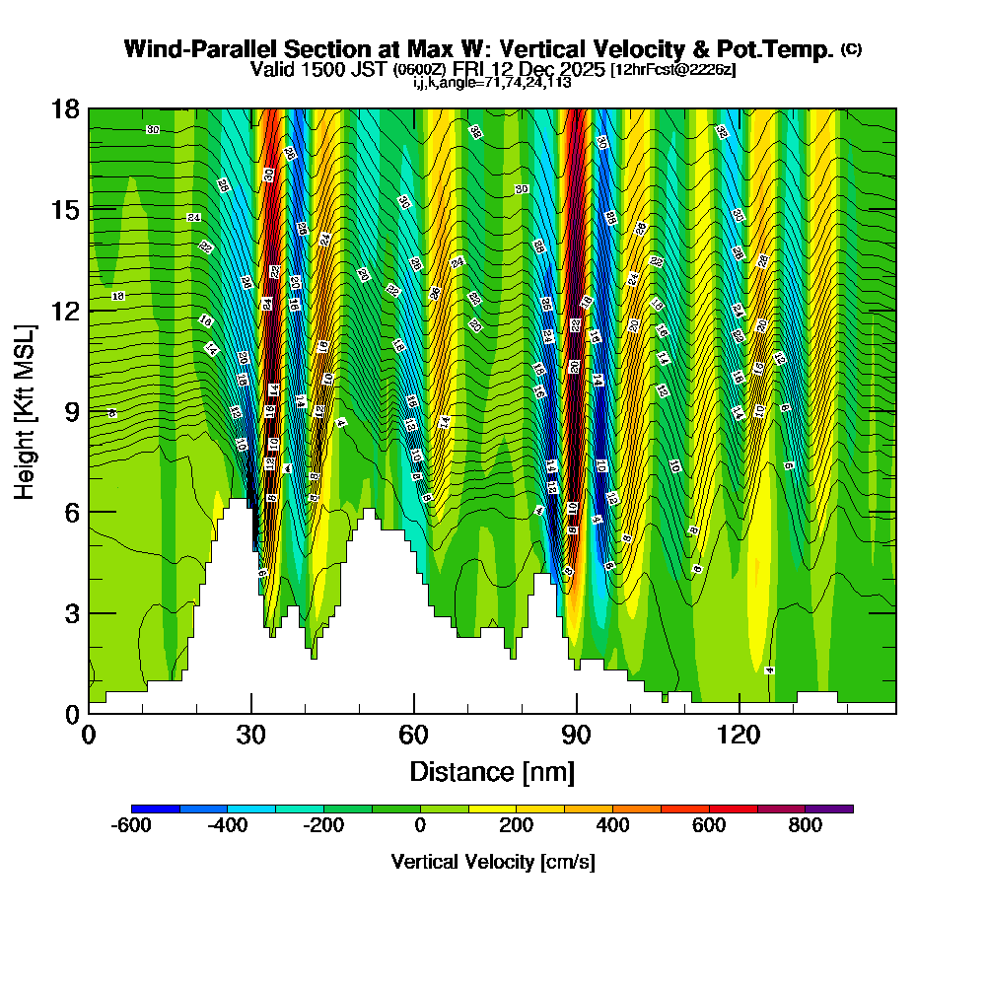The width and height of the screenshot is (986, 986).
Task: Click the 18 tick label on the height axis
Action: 66,108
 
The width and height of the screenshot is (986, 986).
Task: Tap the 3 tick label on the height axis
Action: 72,613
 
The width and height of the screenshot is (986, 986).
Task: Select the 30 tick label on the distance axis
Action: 251,735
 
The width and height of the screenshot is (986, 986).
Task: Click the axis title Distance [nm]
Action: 492,771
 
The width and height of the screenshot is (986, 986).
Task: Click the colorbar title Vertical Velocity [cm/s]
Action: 492,862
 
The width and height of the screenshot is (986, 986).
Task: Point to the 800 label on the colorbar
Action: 806,826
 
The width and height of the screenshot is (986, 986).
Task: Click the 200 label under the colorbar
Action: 517,826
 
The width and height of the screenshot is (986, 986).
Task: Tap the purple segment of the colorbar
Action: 829,809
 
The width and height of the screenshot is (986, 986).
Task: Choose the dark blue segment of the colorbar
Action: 156,809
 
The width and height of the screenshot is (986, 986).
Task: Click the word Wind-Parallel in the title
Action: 193,49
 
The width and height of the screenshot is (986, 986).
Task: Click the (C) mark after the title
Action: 851,49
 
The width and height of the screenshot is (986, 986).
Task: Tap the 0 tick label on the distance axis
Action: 89,735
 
